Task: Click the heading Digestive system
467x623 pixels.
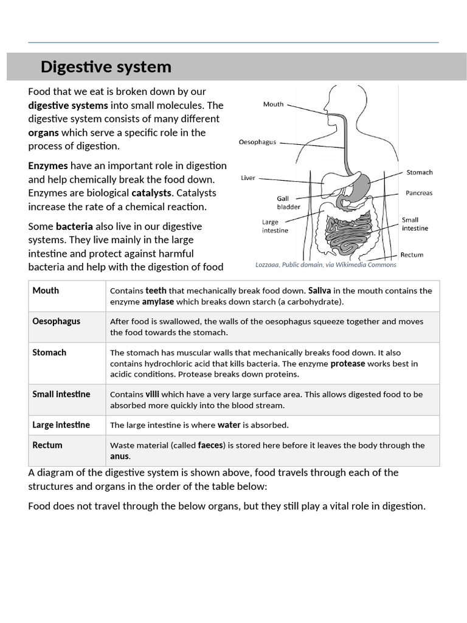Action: [x=106, y=67]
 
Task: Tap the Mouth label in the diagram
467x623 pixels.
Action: [x=273, y=104]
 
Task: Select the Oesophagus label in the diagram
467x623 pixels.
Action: [x=257, y=142]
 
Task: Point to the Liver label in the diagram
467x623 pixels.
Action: [x=248, y=178]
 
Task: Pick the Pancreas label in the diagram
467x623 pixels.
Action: [x=419, y=193]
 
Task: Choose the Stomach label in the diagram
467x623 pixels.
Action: [x=420, y=172]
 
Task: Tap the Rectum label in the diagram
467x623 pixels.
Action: [x=412, y=255]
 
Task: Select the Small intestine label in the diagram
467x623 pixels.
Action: [x=415, y=224]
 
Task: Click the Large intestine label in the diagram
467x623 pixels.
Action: [x=275, y=226]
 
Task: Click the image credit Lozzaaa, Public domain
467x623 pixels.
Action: [x=326, y=265]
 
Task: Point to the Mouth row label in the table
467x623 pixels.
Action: [x=46, y=290]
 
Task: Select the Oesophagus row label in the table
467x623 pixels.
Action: [x=56, y=321]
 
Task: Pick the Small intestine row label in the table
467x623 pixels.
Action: [x=61, y=394]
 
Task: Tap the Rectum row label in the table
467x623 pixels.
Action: [x=47, y=445]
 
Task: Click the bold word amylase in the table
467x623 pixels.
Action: [x=157, y=301]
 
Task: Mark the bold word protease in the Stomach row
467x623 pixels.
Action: [x=348, y=363]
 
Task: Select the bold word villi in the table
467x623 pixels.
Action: [x=152, y=394]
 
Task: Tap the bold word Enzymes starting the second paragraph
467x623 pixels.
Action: [x=48, y=165]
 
